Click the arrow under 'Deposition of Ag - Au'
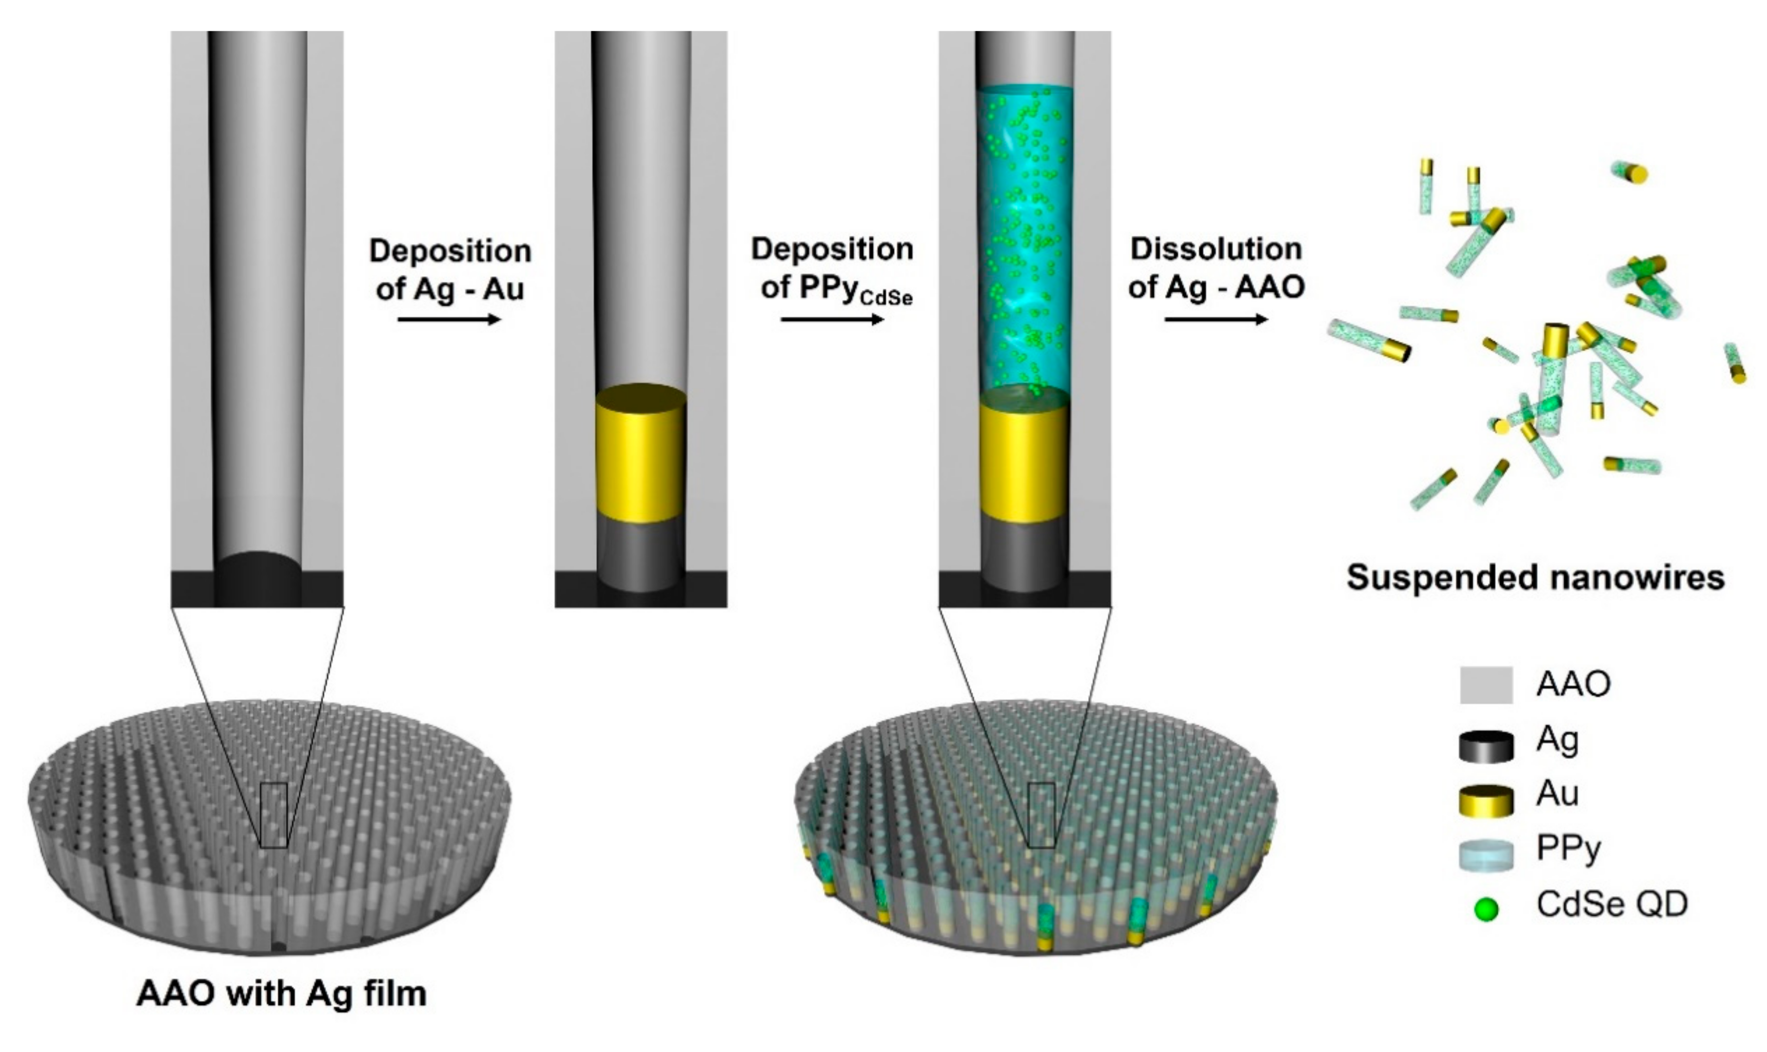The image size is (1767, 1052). pos(449,320)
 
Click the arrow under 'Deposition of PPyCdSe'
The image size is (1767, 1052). pos(832,320)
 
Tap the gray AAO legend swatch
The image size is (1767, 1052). pos(1485,685)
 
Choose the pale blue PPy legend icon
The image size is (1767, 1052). pos(1485,854)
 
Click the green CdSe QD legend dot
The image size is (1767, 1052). pos(1486,909)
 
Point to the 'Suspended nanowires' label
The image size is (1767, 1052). pos(1535,578)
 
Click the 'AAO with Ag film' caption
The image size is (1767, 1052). pos(282,994)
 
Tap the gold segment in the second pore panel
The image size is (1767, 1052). pos(640,454)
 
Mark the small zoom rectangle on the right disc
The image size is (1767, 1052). pos(1042,815)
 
